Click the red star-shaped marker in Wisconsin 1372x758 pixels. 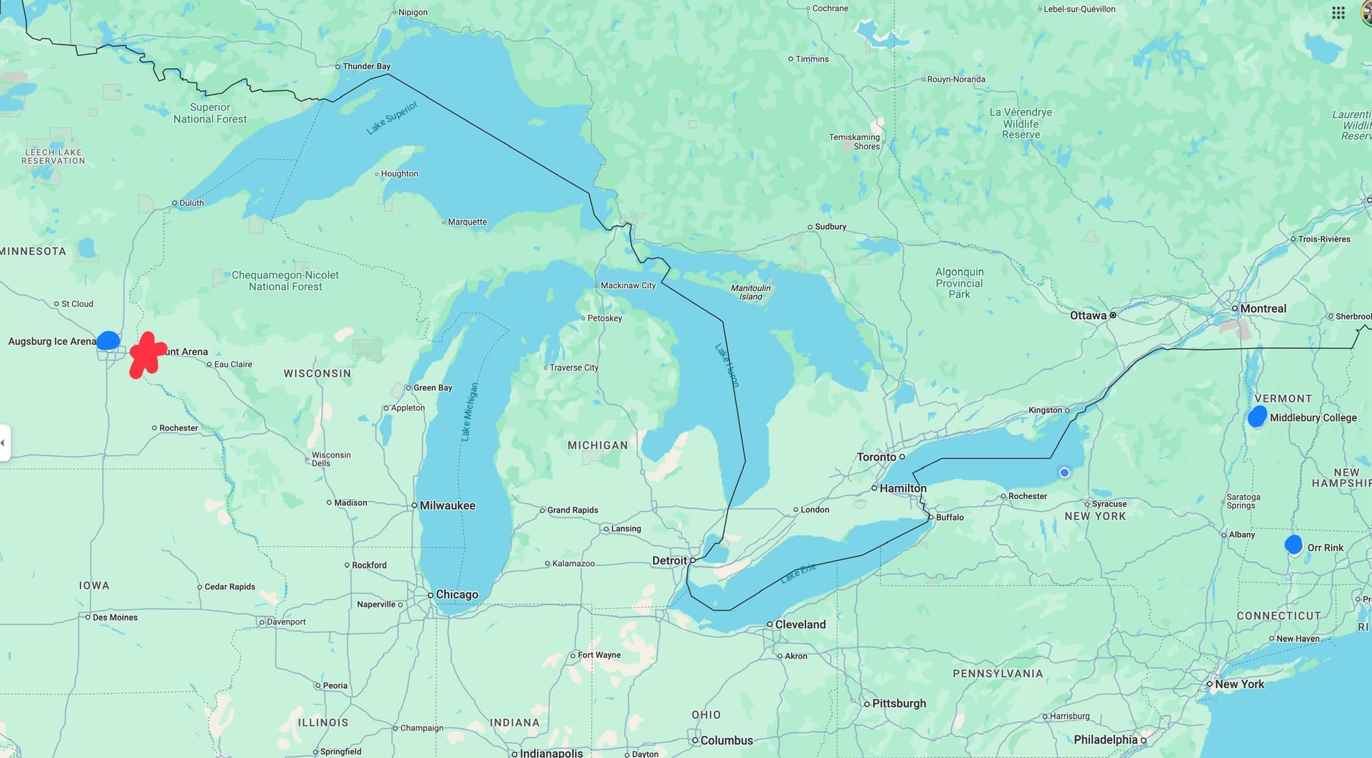147,355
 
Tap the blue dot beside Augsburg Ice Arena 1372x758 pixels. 108,340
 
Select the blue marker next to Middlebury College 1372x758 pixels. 1257,416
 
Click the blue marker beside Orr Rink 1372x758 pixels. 1293,545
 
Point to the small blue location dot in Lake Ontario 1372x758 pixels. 1064,473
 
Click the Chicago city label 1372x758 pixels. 456,594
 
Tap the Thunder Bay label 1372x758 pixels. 366,67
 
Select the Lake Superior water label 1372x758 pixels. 392,118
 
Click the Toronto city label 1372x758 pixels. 876,457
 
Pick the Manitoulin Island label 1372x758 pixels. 750,292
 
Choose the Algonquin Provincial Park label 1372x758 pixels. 959,283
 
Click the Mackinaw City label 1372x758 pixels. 628,285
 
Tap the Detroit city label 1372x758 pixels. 669,560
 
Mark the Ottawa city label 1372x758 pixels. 1088,316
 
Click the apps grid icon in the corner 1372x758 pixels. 1338,13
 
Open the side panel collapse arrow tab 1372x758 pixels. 3,442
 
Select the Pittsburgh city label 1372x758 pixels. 899,703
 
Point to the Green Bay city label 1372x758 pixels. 432,388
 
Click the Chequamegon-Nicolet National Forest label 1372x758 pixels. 285,281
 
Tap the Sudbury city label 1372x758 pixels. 830,226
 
